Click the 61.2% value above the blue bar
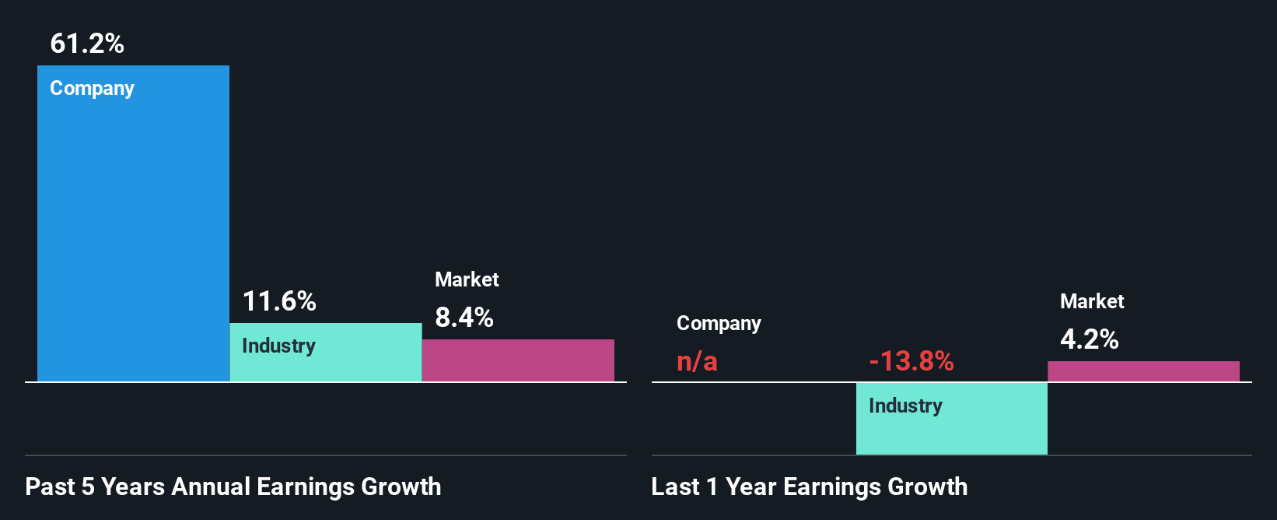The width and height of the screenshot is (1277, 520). [x=87, y=44]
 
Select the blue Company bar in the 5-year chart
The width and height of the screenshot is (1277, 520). [x=133, y=234]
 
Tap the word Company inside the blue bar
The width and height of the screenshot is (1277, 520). [x=92, y=88]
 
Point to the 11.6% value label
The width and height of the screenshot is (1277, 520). [x=279, y=301]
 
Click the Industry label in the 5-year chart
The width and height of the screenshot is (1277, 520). [x=278, y=346]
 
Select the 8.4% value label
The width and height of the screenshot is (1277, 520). [x=464, y=318]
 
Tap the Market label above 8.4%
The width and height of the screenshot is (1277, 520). [x=467, y=279]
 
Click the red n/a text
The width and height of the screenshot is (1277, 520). [x=697, y=361]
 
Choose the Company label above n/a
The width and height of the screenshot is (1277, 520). [x=719, y=323]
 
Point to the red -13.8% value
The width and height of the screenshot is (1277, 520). [x=911, y=361]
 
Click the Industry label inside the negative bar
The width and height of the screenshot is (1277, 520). [x=905, y=406]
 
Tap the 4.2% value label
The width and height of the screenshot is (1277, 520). [x=1090, y=339]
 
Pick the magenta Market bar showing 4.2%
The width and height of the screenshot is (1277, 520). [x=1143, y=371]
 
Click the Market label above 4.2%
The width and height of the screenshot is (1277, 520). [x=1092, y=301]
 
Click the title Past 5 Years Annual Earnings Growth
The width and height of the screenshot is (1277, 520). [x=233, y=487]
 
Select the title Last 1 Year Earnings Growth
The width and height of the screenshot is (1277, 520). [x=810, y=487]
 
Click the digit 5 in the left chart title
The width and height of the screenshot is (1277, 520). [x=88, y=487]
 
